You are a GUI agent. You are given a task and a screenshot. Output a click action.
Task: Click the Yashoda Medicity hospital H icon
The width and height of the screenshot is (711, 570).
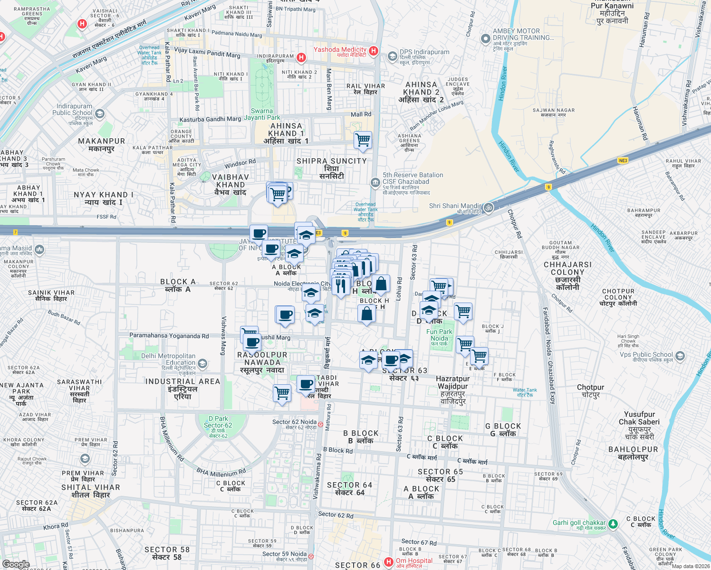(x=374, y=51)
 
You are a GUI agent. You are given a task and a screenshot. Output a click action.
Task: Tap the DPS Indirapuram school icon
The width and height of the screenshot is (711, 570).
(x=392, y=57)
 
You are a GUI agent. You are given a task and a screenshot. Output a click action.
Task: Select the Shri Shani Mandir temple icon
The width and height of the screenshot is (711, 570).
(x=489, y=208)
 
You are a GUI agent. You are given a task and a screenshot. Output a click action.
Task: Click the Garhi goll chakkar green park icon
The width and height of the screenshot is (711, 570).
(x=613, y=524)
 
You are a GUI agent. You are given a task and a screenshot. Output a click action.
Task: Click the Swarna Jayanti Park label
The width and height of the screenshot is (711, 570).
(x=262, y=114)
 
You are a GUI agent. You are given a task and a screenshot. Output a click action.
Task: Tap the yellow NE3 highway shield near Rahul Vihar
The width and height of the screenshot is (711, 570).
(x=623, y=161)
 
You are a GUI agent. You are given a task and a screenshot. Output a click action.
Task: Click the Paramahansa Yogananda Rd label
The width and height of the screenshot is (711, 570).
(x=169, y=336)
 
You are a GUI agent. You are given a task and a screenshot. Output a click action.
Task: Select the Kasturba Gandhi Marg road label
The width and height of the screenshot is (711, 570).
(x=210, y=120)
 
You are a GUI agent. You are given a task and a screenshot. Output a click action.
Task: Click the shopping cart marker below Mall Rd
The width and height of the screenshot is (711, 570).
(x=363, y=140)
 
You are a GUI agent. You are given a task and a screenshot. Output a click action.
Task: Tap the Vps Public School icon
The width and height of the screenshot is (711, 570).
(x=680, y=356)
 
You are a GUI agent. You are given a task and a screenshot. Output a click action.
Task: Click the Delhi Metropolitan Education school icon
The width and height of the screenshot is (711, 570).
(x=202, y=364)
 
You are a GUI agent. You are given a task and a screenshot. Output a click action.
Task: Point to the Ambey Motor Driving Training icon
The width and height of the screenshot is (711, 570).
(x=485, y=39)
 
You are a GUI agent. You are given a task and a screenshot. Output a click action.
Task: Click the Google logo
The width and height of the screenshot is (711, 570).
(x=16, y=564)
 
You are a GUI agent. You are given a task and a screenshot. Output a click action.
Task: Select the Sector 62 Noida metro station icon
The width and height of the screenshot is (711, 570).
(x=321, y=425)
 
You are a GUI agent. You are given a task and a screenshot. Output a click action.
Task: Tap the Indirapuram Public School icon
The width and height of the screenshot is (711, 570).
(x=100, y=114)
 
